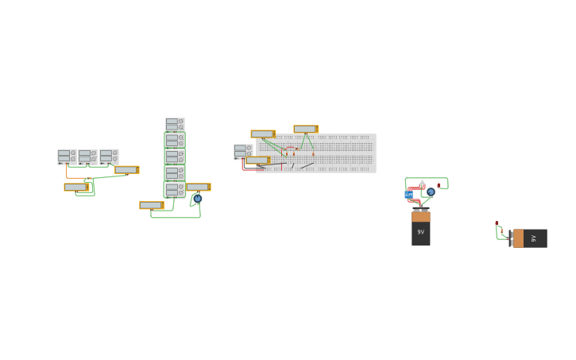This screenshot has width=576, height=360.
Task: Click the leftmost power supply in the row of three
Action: (x=67, y=157)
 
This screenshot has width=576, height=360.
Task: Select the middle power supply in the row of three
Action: (x=87, y=157)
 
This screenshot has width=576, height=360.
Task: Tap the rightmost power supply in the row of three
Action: (x=109, y=157)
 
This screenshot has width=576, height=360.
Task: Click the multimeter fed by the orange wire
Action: (x=76, y=188)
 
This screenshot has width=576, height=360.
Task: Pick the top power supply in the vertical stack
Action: (x=175, y=125)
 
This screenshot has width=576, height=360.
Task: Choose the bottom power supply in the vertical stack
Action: (x=175, y=190)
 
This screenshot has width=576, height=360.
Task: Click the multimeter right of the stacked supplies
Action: (x=198, y=188)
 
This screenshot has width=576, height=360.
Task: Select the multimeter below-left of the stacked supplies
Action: (x=151, y=205)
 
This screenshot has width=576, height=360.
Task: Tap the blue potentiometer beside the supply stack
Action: (x=197, y=199)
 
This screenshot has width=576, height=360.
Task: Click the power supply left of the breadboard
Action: (x=243, y=151)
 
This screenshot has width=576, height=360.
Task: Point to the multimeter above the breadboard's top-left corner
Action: (x=263, y=134)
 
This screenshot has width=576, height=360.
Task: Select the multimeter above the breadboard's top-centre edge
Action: (x=306, y=130)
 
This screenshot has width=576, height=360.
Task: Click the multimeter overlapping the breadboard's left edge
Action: (x=257, y=161)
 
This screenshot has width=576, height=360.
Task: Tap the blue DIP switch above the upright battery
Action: (x=408, y=195)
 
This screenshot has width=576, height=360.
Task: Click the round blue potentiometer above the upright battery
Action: (x=431, y=192)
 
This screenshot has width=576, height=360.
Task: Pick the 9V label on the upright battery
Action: (x=421, y=232)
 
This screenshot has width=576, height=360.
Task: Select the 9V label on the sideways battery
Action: (x=534, y=238)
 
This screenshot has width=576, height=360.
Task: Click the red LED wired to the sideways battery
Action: (x=497, y=224)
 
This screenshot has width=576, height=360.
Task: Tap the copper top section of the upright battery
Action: (x=421, y=216)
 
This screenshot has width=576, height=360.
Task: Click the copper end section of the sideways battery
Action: (x=518, y=238)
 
